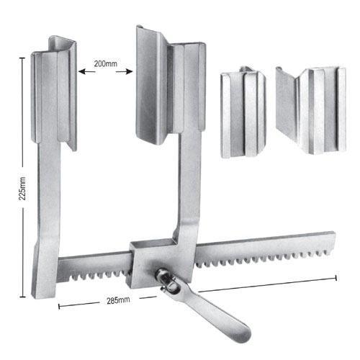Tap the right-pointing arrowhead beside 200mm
point(131,71)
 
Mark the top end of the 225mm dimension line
point(25,60)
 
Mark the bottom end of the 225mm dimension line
point(25,296)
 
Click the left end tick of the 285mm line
point(58,305)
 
